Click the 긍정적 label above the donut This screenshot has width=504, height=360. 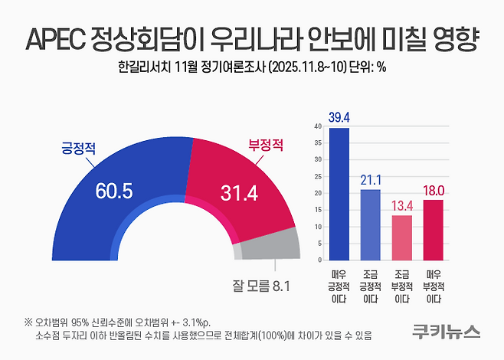(x=78, y=147)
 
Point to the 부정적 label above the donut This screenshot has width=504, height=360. (x=265, y=145)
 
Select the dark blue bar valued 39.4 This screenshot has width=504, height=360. (x=338, y=193)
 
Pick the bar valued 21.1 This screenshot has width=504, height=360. (x=370, y=224)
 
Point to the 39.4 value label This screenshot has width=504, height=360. (x=338, y=116)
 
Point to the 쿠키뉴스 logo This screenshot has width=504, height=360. (x=445, y=332)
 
